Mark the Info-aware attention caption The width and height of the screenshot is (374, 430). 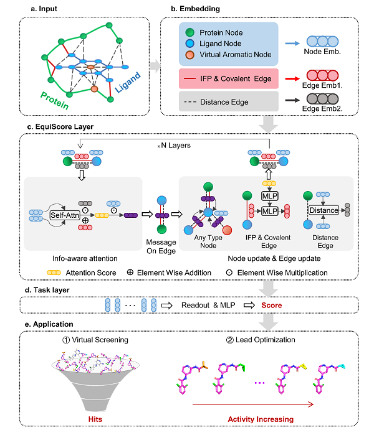[x=84, y=256]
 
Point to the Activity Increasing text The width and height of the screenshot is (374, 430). [x=260, y=419]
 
